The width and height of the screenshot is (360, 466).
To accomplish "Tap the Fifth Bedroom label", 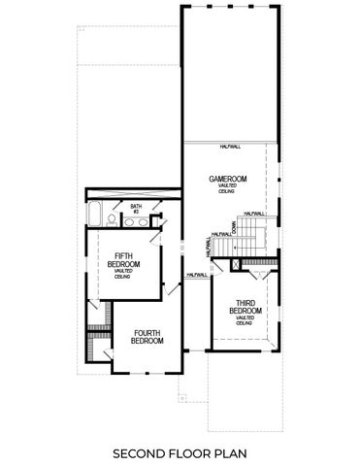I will click(x=123, y=259).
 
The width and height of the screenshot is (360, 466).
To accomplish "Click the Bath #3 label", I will click(x=137, y=209).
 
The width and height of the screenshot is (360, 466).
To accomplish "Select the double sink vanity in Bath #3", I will click(x=137, y=222).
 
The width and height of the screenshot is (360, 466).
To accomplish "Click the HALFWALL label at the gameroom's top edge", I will click(x=230, y=146).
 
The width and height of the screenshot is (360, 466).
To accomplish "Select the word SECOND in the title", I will click(x=141, y=452).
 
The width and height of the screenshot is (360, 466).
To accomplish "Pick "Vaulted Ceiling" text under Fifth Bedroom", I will click(x=123, y=275).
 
